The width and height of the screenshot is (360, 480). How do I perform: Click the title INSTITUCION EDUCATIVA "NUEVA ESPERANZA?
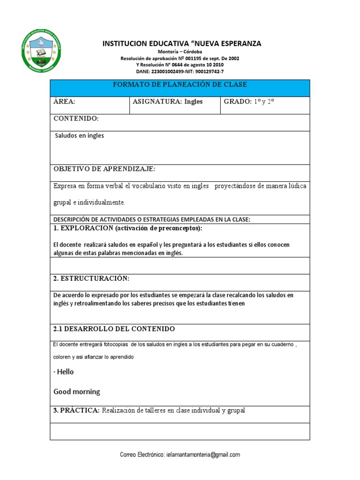[182, 44]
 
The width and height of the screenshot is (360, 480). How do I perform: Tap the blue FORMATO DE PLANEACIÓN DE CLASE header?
[180, 84]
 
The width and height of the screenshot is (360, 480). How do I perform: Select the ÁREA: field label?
[64, 102]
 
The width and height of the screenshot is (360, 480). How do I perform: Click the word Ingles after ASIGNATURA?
[194, 102]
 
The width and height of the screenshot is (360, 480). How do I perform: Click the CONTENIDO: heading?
[76, 119]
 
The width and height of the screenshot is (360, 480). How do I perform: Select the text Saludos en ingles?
[80, 136]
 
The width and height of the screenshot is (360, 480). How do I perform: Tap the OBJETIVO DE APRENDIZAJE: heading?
[104, 169]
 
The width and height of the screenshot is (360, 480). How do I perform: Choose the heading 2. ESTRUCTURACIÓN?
[91, 279]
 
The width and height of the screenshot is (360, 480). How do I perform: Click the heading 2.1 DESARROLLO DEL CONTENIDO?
[114, 329]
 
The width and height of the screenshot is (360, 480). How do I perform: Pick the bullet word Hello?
[66, 372]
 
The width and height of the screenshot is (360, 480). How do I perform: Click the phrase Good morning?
[77, 392]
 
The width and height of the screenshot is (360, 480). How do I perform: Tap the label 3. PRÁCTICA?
[76, 411]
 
